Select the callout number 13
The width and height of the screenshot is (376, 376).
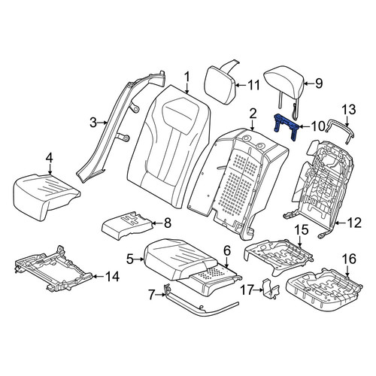[x=349, y=110]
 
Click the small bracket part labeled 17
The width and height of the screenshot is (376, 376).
[x=271, y=288]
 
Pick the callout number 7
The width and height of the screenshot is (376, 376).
[x=151, y=295]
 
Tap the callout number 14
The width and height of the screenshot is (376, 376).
[x=112, y=277]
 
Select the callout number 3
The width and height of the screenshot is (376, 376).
[x=93, y=123]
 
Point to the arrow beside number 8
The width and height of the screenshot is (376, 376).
[x=157, y=223]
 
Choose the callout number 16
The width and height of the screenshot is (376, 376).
[x=350, y=259]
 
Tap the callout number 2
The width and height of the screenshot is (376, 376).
[x=253, y=114]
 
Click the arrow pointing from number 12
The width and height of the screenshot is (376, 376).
[x=340, y=223]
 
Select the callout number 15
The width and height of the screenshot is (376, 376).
[x=302, y=230]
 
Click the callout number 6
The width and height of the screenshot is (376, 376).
[x=226, y=251]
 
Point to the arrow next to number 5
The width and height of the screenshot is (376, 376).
[x=139, y=259]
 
